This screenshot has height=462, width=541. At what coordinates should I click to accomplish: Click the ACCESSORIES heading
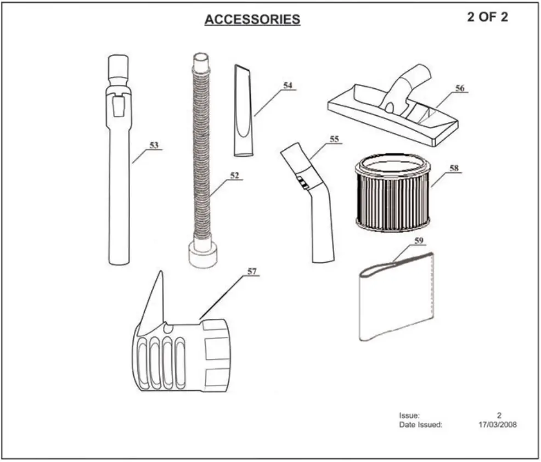252,20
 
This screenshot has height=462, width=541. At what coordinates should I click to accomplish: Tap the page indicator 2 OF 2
487,17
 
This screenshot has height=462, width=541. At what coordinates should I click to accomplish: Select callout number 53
154,145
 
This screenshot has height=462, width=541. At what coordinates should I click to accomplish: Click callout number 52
234,176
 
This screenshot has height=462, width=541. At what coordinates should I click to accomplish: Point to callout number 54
288,86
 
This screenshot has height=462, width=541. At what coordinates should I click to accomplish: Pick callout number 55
334,140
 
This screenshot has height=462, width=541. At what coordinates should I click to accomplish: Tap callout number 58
454,168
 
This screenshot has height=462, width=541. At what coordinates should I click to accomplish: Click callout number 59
419,240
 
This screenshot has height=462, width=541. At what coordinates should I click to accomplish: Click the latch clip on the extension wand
118,104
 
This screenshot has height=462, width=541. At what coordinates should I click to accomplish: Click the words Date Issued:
420,424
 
